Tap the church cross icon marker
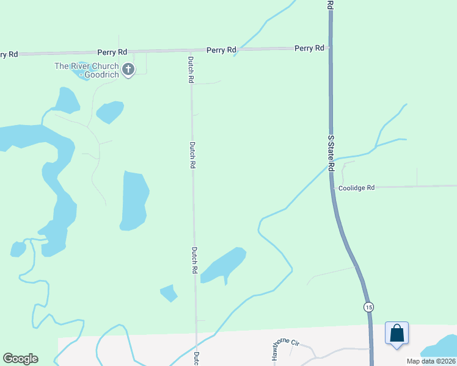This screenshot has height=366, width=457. coord(128,70)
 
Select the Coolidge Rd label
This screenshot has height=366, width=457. coord(356,188)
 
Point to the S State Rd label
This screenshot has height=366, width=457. coord(332,152)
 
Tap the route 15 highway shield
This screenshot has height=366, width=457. coord(368,307)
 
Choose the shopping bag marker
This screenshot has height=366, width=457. coord(397,333)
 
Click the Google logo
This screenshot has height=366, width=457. coord(20,359)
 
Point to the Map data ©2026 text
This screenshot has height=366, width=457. coord(430,361)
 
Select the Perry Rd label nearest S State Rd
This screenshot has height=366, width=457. coord(309,48)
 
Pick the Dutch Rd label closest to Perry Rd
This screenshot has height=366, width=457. coord(191,70)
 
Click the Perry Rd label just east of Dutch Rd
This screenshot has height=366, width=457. coord(221,49)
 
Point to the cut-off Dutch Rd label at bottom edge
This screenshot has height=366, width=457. coord(197,359)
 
